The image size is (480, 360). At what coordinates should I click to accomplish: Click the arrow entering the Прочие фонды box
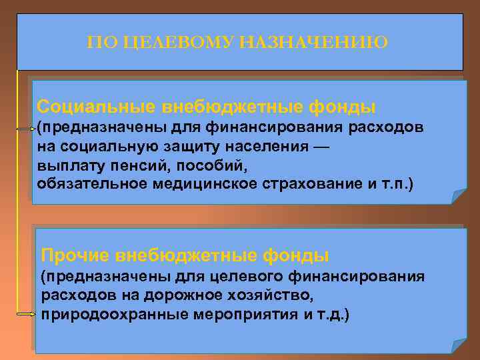[x=25, y=313]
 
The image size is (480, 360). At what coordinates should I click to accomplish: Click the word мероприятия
[x=233, y=313]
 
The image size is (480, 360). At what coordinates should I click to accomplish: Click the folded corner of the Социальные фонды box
[x=459, y=196]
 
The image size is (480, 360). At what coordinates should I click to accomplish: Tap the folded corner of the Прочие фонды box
[x=459, y=345]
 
